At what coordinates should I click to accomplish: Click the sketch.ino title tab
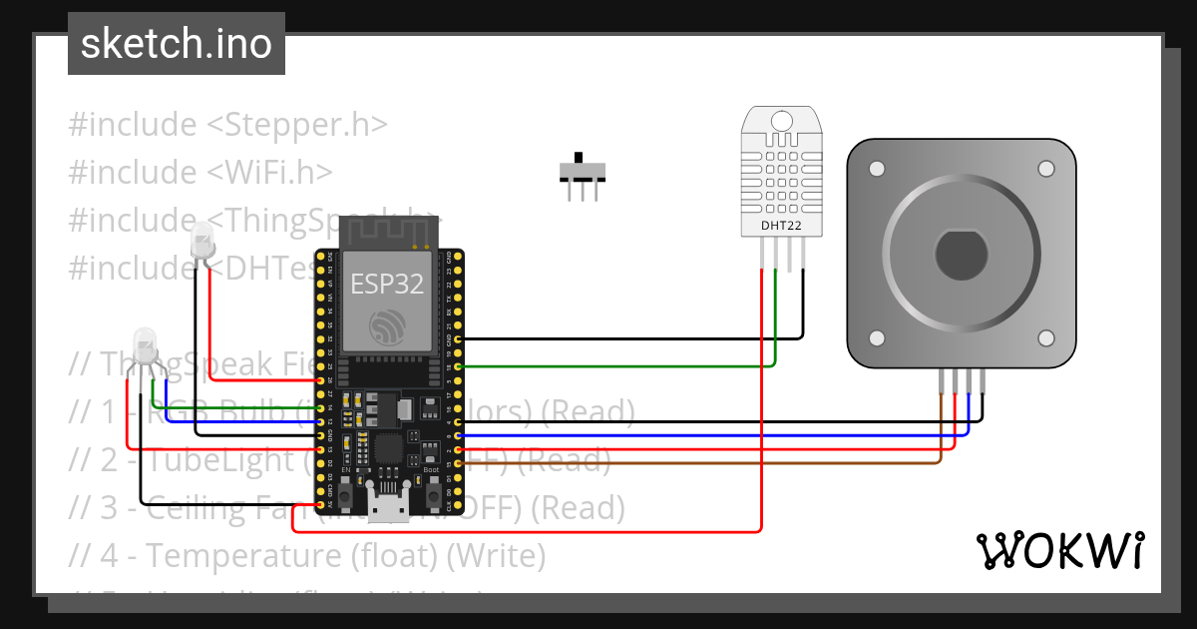point(176,44)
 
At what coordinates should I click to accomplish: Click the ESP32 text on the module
point(386,284)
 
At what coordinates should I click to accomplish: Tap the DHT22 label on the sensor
point(780,226)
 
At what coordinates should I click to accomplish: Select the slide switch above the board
point(582,173)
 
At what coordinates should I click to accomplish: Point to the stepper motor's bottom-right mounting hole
point(1046,338)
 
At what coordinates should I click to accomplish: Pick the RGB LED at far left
point(146,345)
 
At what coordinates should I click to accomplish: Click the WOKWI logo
point(1059,550)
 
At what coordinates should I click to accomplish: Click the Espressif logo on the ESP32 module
point(387,327)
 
